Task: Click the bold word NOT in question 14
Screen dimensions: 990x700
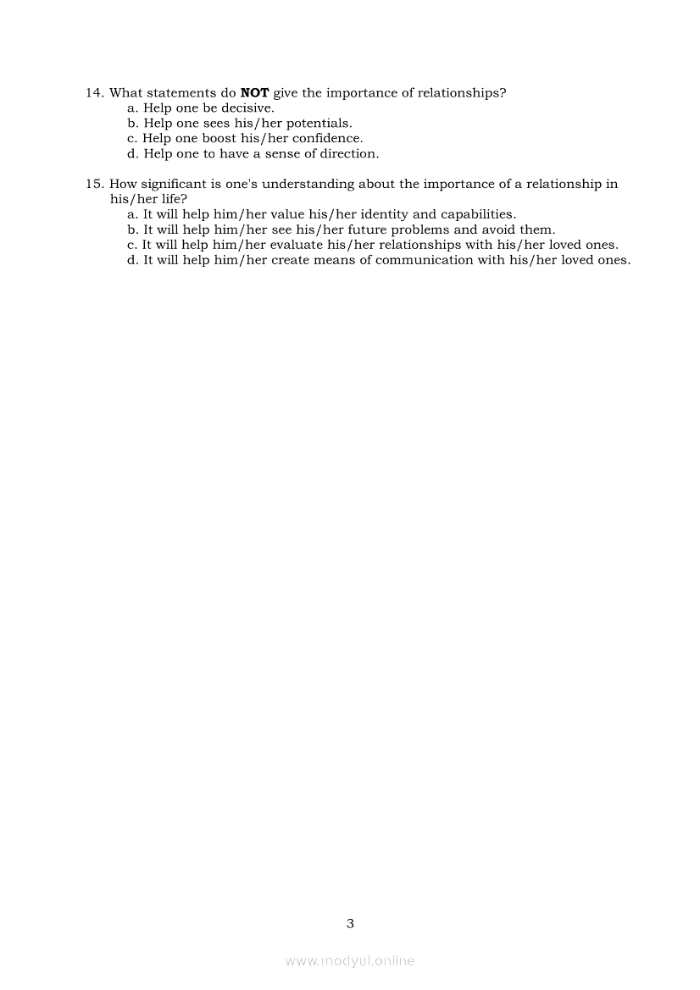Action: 255,93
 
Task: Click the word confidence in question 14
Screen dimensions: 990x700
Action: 327,139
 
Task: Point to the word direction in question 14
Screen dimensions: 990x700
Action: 349,154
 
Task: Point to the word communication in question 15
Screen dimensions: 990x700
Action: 424,260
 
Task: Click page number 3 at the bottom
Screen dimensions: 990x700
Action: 350,923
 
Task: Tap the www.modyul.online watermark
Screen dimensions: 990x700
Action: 350,960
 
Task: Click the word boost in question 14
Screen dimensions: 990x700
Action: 219,139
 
